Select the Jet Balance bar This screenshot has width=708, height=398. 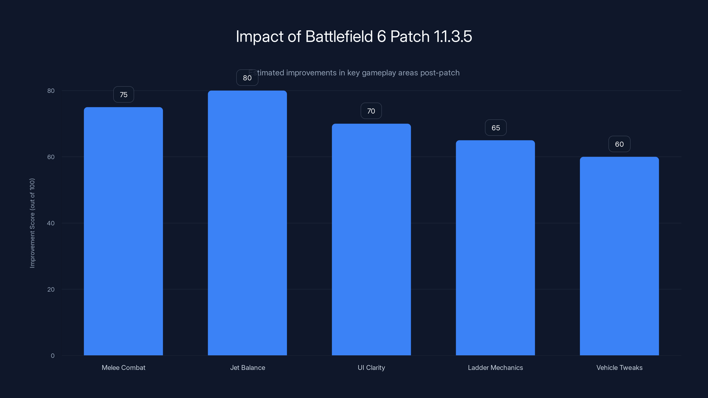247,223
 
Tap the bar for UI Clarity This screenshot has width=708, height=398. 371,239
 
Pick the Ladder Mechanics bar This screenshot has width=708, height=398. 495,247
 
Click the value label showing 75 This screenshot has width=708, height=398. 123,94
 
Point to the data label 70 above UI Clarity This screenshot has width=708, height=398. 371,111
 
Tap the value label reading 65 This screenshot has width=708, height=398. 496,128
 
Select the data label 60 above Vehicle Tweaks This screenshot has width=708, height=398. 619,144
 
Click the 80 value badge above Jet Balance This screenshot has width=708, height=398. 247,78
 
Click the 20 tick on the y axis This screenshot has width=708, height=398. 51,289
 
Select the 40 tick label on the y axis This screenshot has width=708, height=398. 51,223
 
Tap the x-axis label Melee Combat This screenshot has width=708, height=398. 123,367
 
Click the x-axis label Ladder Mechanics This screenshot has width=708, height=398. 495,367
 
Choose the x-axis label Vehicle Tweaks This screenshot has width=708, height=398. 619,367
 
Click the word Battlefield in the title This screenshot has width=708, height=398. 339,36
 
